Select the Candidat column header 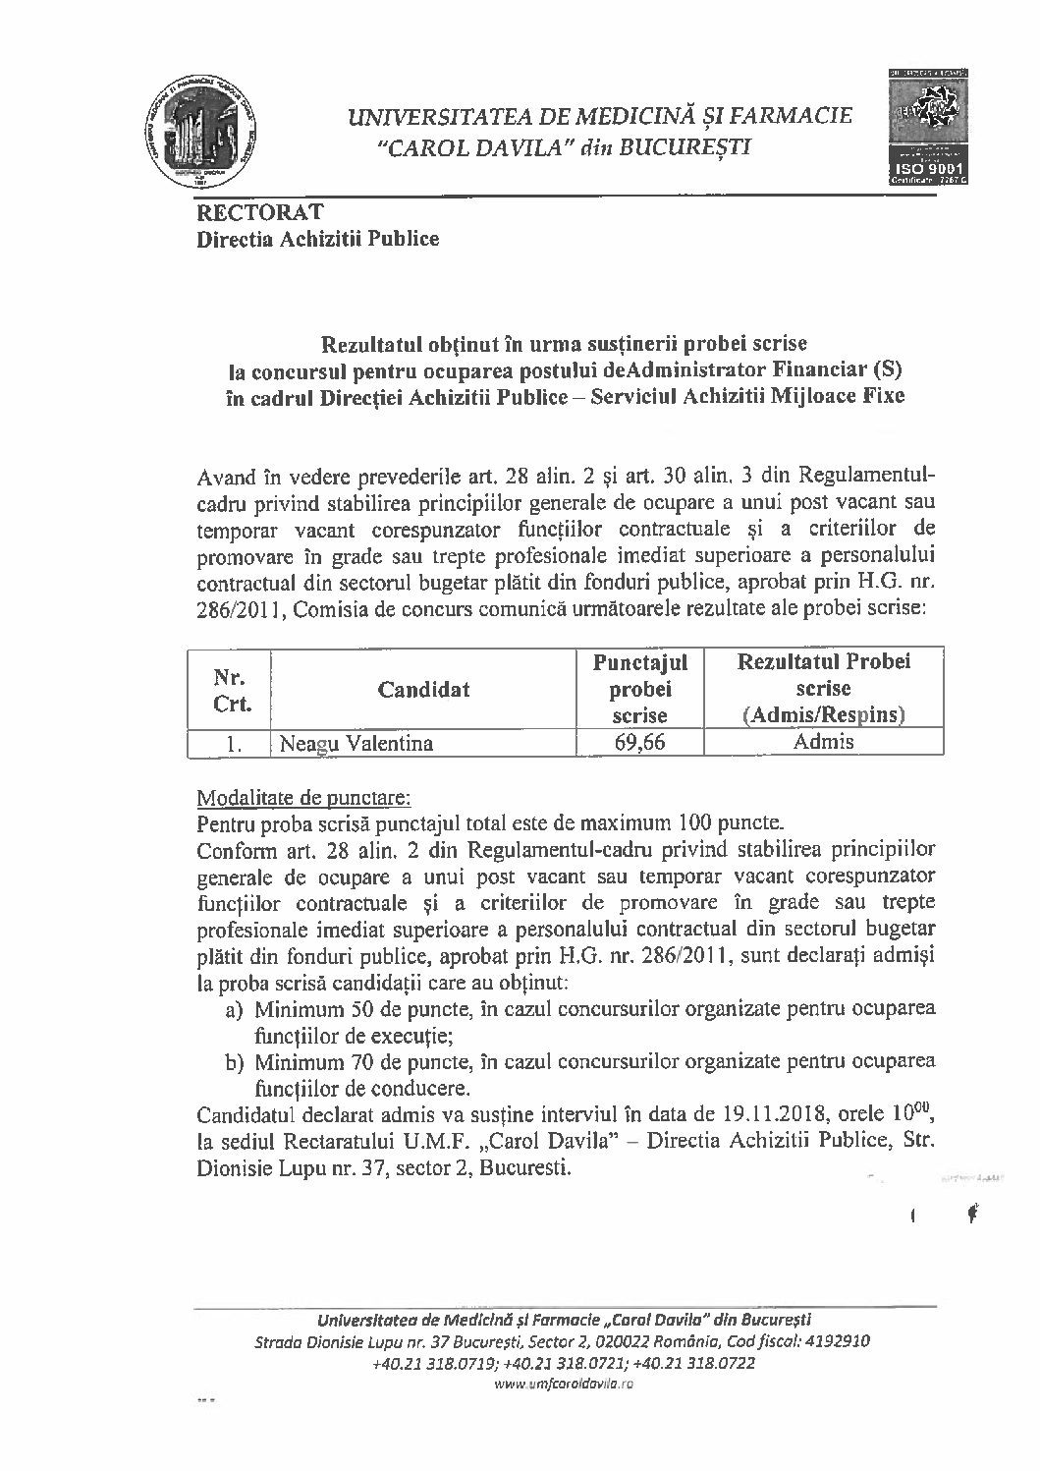click(423, 690)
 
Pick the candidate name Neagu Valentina click(356, 743)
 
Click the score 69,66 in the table click(639, 742)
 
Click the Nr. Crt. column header click(229, 690)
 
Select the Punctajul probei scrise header click(639, 688)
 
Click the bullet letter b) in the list click(234, 1063)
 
